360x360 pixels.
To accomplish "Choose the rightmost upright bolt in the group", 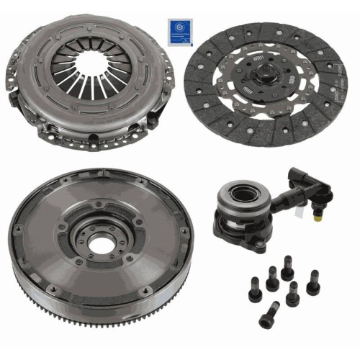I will coord(312,282).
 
